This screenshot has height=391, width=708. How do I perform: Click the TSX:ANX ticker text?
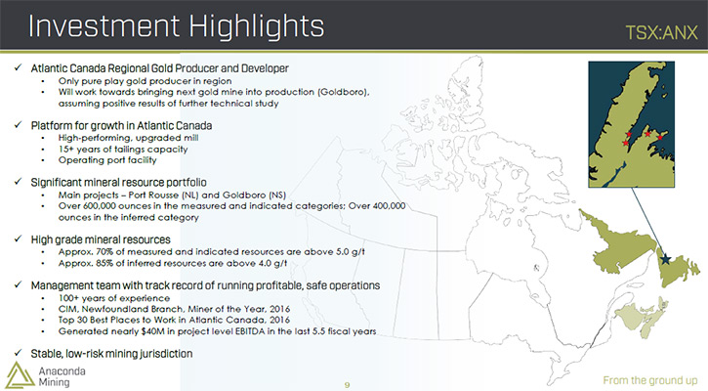coord(661,32)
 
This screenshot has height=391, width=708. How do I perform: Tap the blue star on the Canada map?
coord(665,259)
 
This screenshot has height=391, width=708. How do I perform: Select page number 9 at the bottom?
coord(347,385)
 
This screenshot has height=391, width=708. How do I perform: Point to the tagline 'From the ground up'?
coord(649,380)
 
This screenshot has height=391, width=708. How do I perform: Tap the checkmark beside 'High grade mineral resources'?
coord(18,239)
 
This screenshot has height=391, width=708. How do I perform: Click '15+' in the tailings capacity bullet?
coord(65,150)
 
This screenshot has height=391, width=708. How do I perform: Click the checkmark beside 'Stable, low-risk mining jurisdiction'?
coord(18,353)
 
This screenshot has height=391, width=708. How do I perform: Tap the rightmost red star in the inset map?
coord(660,138)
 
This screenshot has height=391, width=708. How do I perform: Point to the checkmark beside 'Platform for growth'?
coord(18,125)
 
